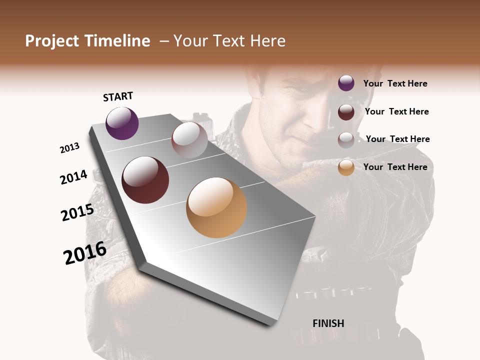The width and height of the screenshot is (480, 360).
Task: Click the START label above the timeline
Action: pyautogui.click(x=118, y=96)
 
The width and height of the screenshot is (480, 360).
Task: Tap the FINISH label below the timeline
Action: pyautogui.click(x=328, y=323)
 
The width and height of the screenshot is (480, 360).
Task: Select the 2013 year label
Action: pyautogui.click(x=70, y=148)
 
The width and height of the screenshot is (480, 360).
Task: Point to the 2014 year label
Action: pyautogui.click(x=74, y=177)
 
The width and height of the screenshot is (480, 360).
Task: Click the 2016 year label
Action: pyautogui.click(x=85, y=253)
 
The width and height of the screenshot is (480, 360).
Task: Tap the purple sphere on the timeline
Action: pyautogui.click(x=122, y=123)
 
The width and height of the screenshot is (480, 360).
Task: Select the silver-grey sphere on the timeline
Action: pyautogui.click(x=189, y=139)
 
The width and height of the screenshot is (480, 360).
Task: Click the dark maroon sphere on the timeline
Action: pyautogui.click(x=145, y=180)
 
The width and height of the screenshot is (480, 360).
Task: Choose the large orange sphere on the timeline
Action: pyautogui.click(x=216, y=207)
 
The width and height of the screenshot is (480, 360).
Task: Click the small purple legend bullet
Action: pyautogui.click(x=346, y=83)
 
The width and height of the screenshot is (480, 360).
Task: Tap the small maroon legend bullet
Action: pyautogui.click(x=346, y=112)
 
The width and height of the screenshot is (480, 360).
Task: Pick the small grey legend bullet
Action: pyautogui.click(x=346, y=140)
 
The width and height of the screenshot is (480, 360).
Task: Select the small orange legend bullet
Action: pyautogui.click(x=346, y=167)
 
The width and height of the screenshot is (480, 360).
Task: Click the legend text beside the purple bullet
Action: pyautogui.click(x=395, y=83)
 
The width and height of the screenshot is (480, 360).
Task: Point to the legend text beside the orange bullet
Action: pyautogui.click(x=395, y=167)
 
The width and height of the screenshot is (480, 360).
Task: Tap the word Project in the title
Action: pyautogui.click(x=52, y=41)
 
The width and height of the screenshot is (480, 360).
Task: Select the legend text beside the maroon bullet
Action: pyautogui.click(x=396, y=111)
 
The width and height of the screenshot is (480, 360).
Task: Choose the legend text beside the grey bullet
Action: pyautogui.click(x=397, y=139)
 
